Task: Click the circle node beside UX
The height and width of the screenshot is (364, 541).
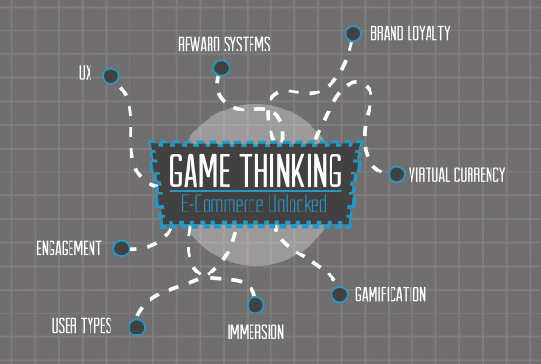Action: pos(110,76)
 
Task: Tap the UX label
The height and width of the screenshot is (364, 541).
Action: pos(85,72)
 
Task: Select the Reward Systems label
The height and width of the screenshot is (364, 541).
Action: pos(224,45)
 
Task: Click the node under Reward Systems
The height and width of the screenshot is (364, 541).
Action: pos(221,68)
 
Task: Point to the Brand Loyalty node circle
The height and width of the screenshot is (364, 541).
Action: pos(352,33)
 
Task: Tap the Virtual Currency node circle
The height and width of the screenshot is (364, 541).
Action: pos(396,174)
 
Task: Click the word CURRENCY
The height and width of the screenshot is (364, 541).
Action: pos(479,174)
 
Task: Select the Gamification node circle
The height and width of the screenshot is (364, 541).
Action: pos(339,294)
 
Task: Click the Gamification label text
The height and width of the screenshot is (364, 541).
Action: pos(391,294)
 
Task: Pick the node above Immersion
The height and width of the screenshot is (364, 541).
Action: pos(255,305)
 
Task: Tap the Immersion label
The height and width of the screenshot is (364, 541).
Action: pos(255,332)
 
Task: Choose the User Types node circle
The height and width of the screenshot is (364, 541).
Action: pos(136,327)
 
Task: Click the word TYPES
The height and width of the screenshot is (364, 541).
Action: pos(96,325)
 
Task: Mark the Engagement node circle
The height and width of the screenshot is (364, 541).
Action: pos(121,249)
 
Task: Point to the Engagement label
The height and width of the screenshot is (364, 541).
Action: pos(69,249)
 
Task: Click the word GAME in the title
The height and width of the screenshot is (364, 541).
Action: pos(200,171)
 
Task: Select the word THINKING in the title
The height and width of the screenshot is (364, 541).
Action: pos(291,171)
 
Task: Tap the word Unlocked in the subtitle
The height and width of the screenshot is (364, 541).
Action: pos(297,204)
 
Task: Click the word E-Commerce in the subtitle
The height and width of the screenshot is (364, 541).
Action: pos(223,204)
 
